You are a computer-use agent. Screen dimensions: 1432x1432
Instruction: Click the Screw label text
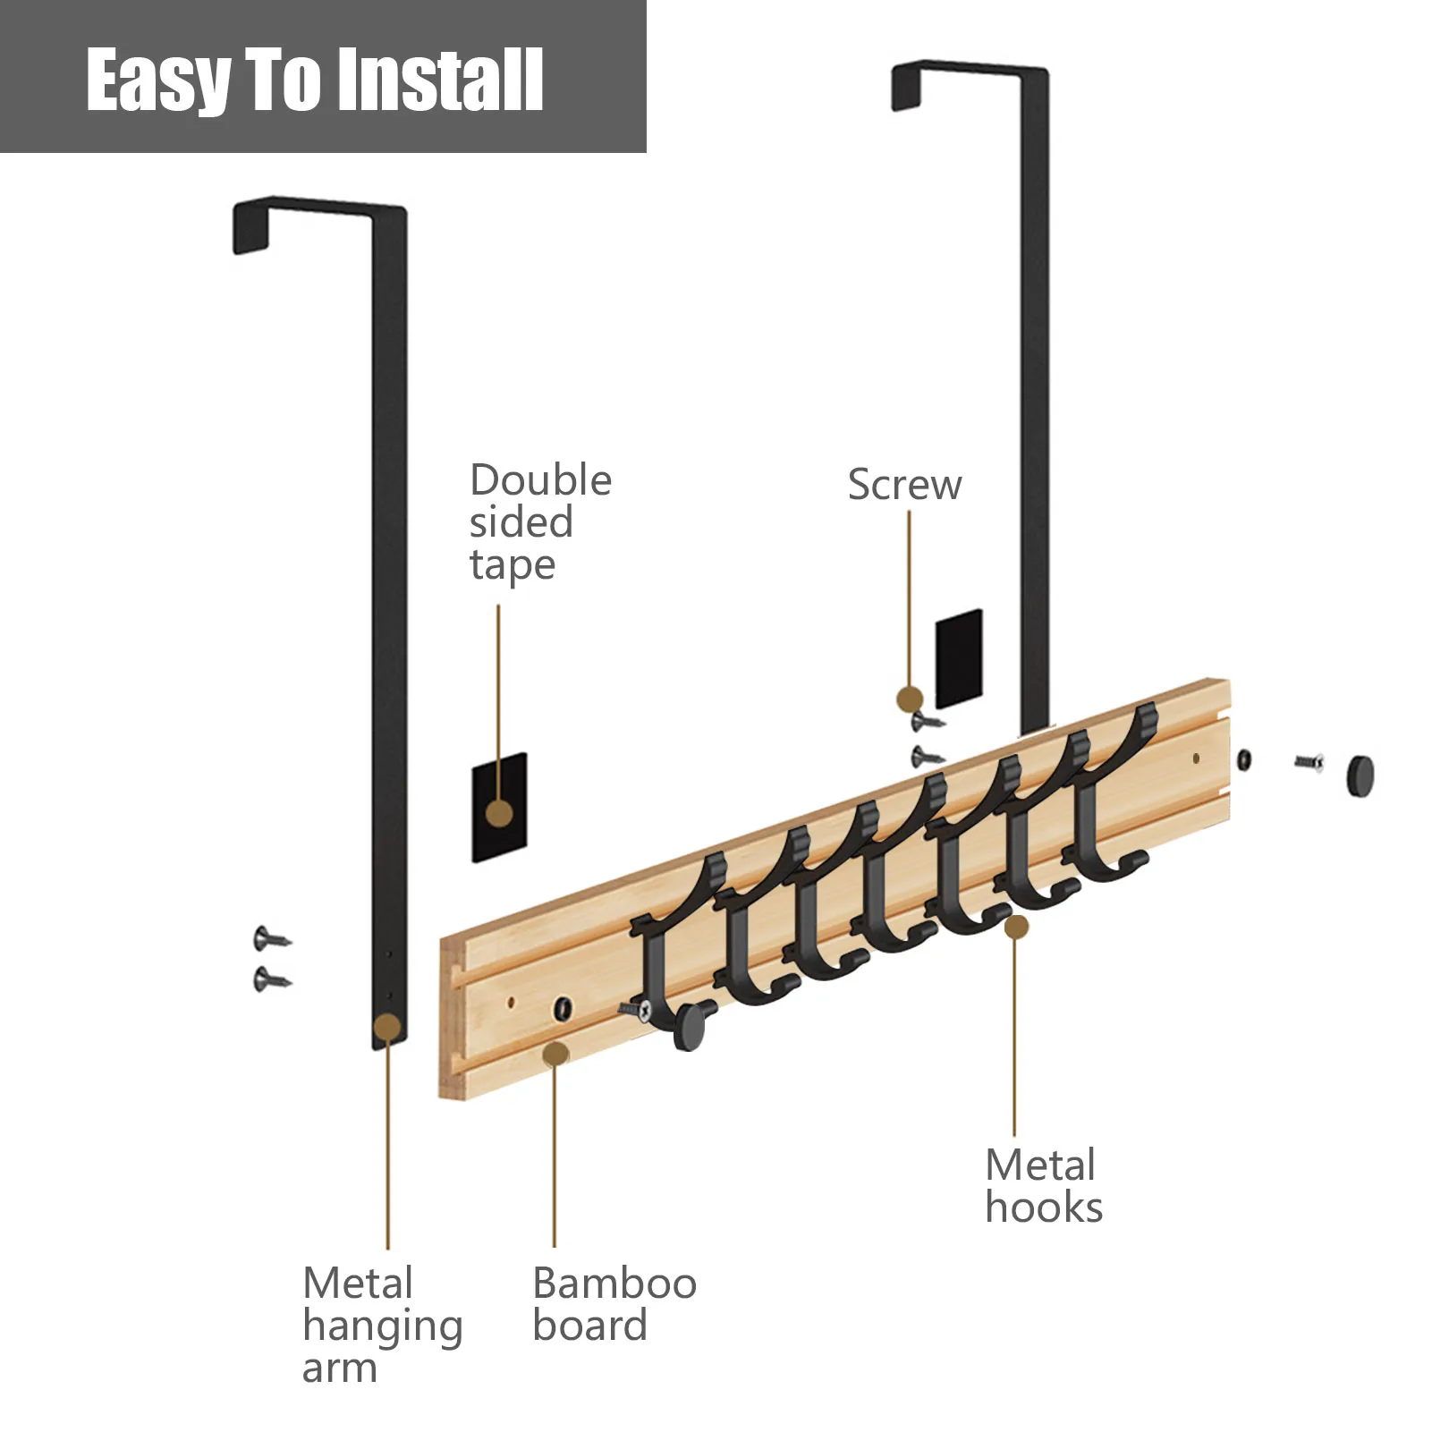tap(904, 485)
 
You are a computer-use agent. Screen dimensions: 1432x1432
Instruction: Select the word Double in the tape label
tap(540, 480)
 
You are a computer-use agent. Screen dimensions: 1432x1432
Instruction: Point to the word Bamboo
tap(614, 1284)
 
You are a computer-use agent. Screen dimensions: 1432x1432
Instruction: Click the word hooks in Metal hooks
tap(1044, 1207)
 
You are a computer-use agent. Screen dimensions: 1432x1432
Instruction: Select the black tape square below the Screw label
tap(959, 659)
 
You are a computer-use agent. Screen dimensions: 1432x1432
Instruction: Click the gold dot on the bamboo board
tap(555, 1054)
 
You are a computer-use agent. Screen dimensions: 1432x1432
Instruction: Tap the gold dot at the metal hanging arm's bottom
tap(387, 1027)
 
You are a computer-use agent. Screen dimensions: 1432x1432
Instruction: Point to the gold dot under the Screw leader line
tap(910, 699)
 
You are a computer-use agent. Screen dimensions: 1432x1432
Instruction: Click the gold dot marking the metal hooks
tap(1016, 927)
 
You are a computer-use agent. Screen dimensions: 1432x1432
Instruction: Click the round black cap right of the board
tap(1360, 775)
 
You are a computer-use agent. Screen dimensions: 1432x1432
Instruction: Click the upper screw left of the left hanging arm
tap(271, 939)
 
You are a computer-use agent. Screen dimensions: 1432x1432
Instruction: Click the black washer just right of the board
tap(1244, 760)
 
